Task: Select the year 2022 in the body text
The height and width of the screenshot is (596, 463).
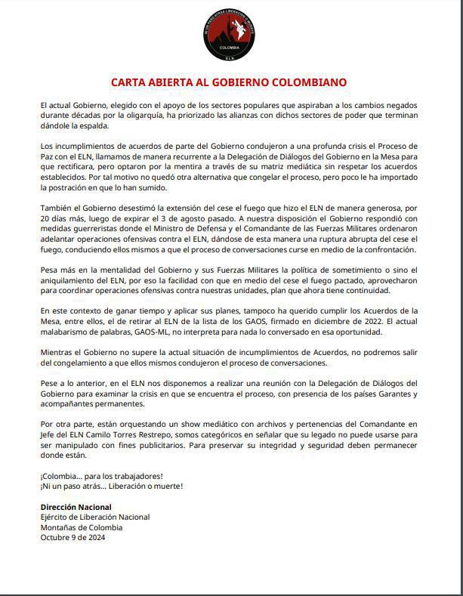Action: point(375,320)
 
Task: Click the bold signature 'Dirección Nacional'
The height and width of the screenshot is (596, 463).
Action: point(76,507)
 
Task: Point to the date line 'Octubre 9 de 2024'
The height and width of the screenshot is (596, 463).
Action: point(73,538)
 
